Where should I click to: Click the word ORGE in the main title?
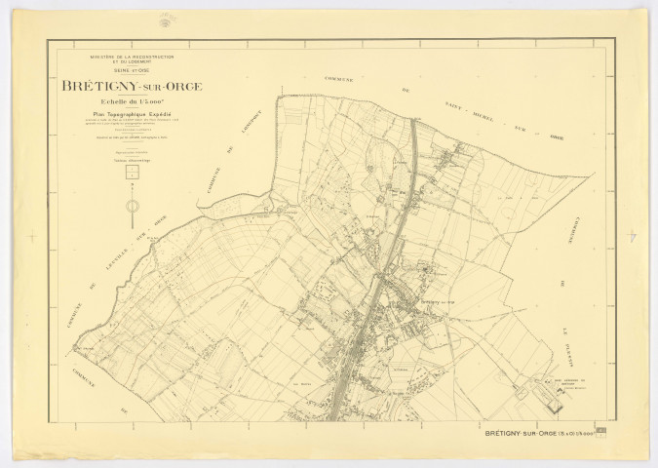point(180,87)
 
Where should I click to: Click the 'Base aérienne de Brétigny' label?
point(569,382)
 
